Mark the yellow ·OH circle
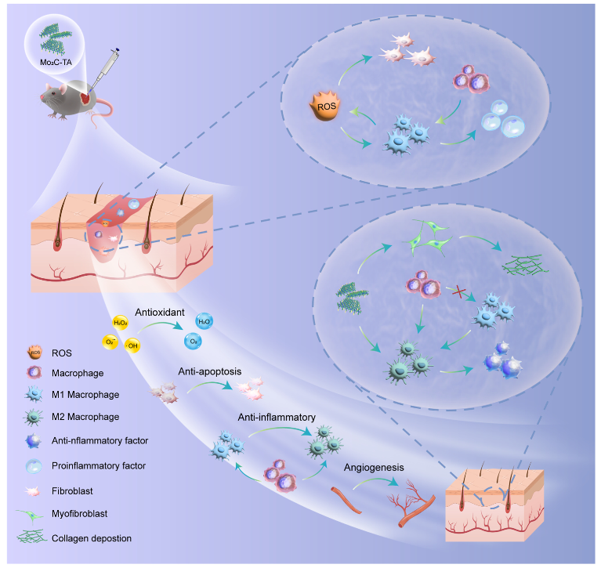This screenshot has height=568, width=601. pyautogui.click(x=133, y=345)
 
